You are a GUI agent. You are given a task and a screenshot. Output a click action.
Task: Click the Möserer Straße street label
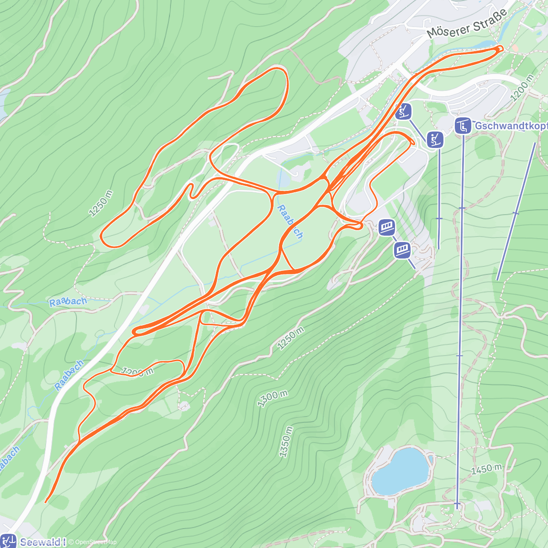pyautogui.click(x=467, y=25)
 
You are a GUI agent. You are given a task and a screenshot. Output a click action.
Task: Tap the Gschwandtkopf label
pyautogui.click(x=511, y=126)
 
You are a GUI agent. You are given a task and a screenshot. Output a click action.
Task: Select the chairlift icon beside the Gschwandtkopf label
pyautogui.click(x=463, y=126)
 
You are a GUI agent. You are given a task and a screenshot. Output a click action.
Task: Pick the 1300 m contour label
pyautogui.click(x=273, y=399)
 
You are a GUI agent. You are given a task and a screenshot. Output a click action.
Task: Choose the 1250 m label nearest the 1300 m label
pyautogui.click(x=290, y=338)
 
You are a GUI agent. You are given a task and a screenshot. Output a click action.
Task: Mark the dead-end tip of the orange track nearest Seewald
pyautogui.click(x=46, y=502)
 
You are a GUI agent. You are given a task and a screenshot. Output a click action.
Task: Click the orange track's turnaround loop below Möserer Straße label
pyautogui.click(x=500, y=48)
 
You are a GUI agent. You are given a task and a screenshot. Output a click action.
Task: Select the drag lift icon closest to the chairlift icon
pyautogui.click(x=435, y=140)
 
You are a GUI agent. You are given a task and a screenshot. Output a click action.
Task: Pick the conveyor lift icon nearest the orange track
pyautogui.click(x=387, y=227)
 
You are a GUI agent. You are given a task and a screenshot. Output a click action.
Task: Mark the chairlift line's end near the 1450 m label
pyautogui.click(x=457, y=505)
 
